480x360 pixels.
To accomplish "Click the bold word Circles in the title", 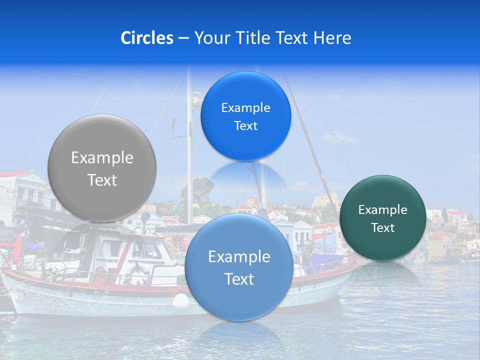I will pyautogui.click(x=147, y=38).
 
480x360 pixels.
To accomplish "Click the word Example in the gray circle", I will pyautogui.click(x=102, y=158).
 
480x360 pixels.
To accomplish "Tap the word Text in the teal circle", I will pyautogui.click(x=383, y=228).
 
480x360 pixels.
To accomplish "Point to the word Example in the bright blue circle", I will pyautogui.click(x=245, y=108).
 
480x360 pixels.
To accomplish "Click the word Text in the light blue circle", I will pyautogui.click(x=238, y=279).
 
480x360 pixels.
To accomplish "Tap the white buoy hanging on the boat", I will pyautogui.click(x=181, y=301).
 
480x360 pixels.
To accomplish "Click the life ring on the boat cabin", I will pyautogui.click(x=135, y=270).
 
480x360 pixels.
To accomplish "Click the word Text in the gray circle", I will pyautogui.click(x=102, y=180).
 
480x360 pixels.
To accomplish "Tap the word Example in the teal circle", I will pyautogui.click(x=383, y=210).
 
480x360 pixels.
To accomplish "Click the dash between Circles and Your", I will pyautogui.click(x=183, y=38).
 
